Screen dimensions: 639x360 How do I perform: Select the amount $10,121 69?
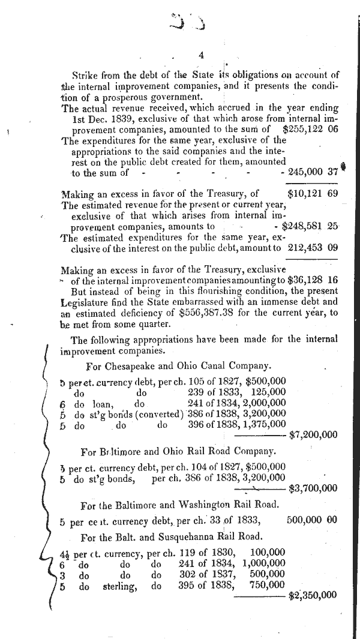tap(313, 194)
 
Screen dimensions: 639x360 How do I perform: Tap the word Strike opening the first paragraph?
tap(85, 75)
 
